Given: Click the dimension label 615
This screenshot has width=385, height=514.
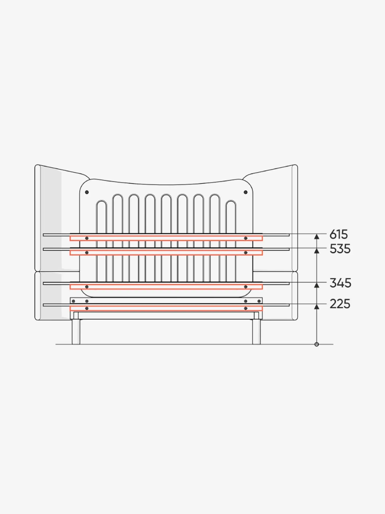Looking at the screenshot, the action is [339, 234].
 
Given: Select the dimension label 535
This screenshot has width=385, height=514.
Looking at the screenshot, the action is [340, 249].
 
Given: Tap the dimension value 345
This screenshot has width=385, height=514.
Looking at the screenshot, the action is [340, 283].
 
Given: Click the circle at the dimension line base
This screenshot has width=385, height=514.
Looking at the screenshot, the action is [317, 344].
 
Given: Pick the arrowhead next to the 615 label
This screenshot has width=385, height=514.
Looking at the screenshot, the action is [317, 237].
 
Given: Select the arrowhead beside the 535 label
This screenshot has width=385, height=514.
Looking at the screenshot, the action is [317, 251].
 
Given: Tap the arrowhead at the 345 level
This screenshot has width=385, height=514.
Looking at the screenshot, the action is [317, 285].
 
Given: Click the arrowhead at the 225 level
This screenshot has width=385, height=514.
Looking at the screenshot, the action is [317, 307].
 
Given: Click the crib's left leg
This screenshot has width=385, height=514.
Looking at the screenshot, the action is [76, 332].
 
